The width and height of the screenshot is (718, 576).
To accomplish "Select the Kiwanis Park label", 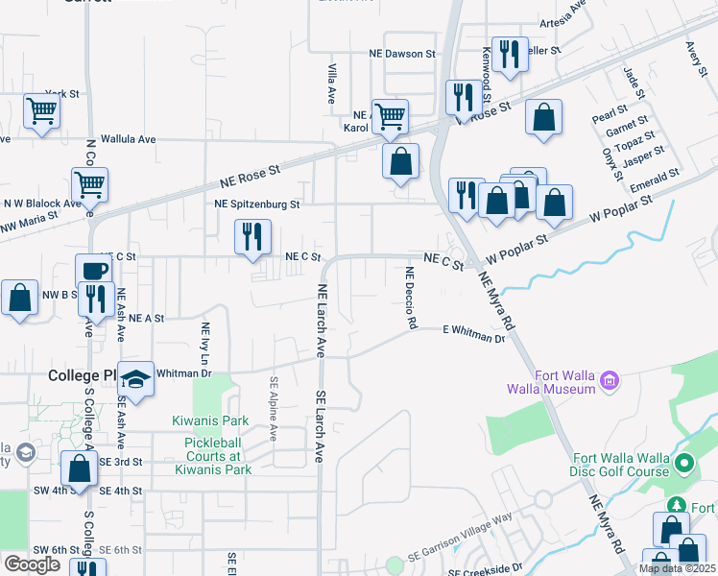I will pyautogui.click(x=210, y=420).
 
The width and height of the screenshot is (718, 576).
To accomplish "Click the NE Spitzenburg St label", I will pyautogui.click(x=257, y=204).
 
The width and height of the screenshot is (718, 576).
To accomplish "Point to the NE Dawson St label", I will pyautogui.click(x=404, y=54).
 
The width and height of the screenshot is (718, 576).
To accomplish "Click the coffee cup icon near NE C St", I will pyautogui.click(x=93, y=270).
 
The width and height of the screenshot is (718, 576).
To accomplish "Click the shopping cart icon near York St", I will pyautogui.click(x=42, y=111).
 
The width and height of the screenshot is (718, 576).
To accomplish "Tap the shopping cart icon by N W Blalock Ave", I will pyautogui.click(x=89, y=182).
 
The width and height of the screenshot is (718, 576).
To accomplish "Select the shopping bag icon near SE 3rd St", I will pyautogui.click(x=80, y=468).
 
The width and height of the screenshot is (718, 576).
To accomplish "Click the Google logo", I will pyautogui.click(x=32, y=564).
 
